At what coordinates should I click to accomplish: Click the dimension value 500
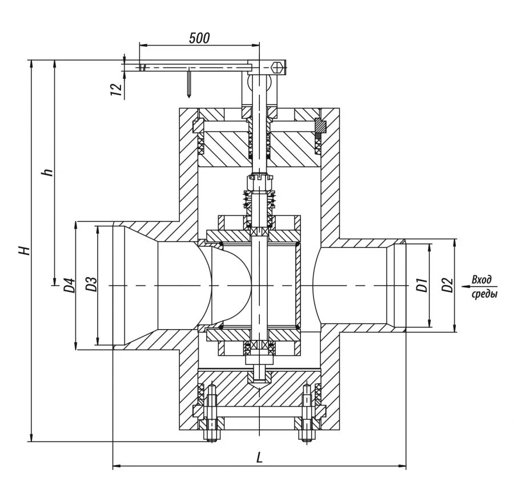[x=199, y=38]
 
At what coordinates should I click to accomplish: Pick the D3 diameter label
[x=90, y=285]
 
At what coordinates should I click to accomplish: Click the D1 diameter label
[x=421, y=285]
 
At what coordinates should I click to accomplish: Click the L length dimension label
[x=259, y=457]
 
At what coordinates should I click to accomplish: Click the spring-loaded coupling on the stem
[x=259, y=197]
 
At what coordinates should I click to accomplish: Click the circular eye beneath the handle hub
[x=253, y=87]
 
